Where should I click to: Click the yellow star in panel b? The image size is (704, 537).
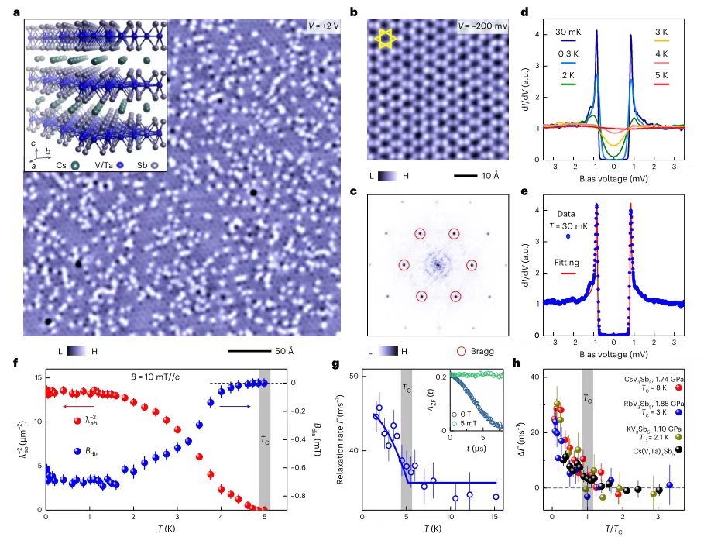point(385,38)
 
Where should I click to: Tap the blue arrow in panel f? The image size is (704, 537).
point(231,405)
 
